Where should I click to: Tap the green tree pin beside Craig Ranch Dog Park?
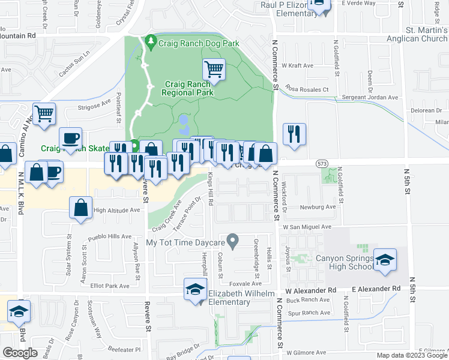click(151, 42)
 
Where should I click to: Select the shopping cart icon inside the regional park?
click(214, 70)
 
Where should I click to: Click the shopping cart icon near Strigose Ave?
click(44, 114)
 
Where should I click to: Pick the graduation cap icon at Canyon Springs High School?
click(385, 260)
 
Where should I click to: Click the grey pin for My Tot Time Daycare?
click(235, 242)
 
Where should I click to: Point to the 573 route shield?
click(322, 163)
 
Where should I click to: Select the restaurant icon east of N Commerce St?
click(294, 134)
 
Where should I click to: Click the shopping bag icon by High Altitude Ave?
click(80, 208)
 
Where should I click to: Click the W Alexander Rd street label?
click(311, 290)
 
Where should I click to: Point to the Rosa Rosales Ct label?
click(307, 89)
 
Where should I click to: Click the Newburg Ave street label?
click(318, 207)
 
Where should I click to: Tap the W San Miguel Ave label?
click(307, 227)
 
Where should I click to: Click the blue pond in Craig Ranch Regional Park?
click(183, 125)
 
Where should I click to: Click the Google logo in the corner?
click(20, 353)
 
